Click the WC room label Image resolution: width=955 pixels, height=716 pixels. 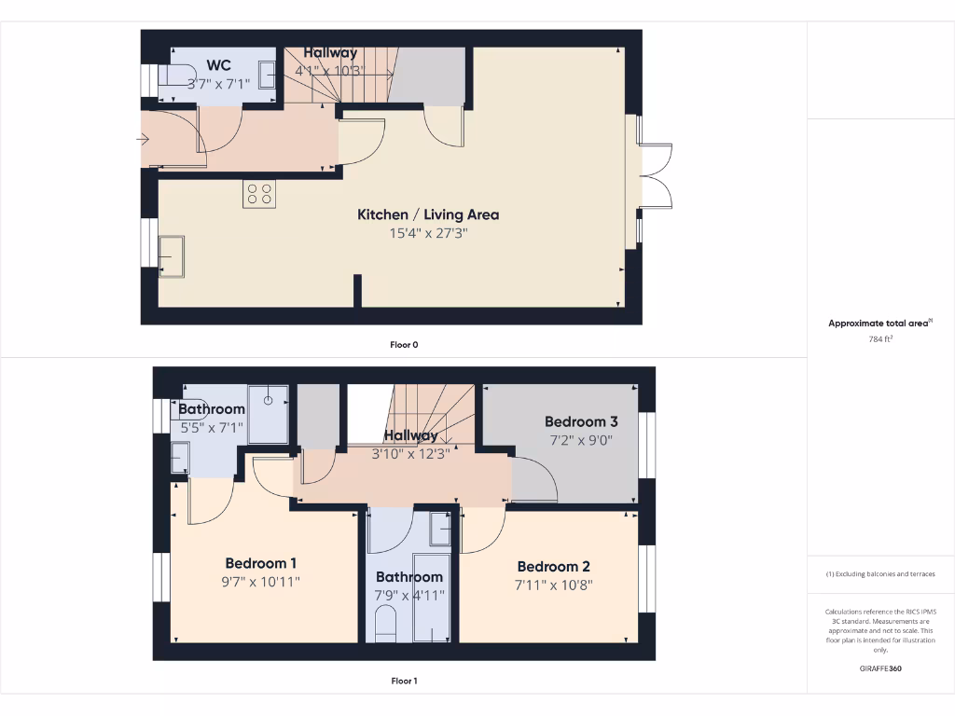(219, 65)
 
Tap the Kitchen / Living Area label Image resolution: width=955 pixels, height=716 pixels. (428, 214)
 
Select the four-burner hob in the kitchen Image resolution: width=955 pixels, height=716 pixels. (259, 193)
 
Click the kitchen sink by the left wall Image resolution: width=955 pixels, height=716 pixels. (172, 255)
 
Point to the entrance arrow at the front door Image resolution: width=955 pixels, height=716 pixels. (143, 140)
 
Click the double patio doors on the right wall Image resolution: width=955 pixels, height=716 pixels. (655, 176)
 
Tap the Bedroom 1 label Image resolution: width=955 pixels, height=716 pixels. (261, 563)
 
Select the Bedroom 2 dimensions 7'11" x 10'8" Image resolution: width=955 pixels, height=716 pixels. (553, 585)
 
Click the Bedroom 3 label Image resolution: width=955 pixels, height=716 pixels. (581, 421)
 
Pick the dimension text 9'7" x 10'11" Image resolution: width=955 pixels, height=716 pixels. (261, 583)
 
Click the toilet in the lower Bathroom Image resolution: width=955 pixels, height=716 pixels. (385, 622)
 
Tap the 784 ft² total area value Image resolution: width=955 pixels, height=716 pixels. (881, 339)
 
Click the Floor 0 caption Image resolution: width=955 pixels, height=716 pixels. (404, 345)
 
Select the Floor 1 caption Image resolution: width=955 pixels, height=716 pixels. (404, 681)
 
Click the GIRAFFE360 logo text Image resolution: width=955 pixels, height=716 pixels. (880, 668)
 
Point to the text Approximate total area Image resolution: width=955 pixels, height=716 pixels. (879, 324)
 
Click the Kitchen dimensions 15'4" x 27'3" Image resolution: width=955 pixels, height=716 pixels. (428, 233)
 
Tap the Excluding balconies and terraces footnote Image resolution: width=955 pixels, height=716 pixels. (880, 574)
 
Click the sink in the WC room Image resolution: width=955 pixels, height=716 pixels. (266, 74)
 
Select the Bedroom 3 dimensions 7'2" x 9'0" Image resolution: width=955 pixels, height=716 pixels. (581, 441)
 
